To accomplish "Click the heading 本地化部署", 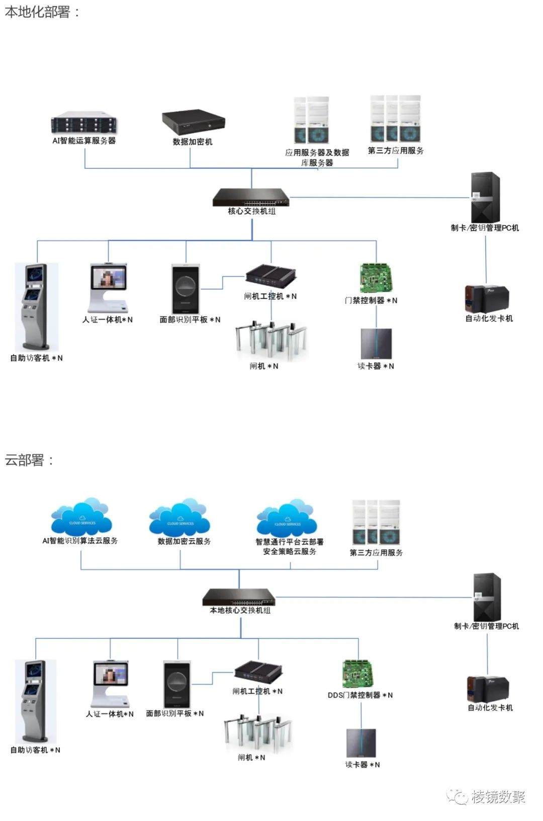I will pyautogui.click(x=38, y=12).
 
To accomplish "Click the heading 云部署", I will pyautogui.click(x=25, y=460).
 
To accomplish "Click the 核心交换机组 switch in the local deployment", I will pyautogui.click(x=251, y=197).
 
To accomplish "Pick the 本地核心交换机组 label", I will pyautogui.click(x=240, y=610).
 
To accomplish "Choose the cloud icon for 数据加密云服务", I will pyautogui.click(x=179, y=518).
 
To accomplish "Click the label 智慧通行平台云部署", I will pyautogui.click(x=290, y=542).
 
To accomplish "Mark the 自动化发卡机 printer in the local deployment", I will pyautogui.click(x=488, y=299).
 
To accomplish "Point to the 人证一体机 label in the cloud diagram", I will pyautogui.click(x=110, y=714).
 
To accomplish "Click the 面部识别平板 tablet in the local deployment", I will pyautogui.click(x=186, y=289).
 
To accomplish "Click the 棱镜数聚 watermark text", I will pyautogui.click(x=498, y=797).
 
